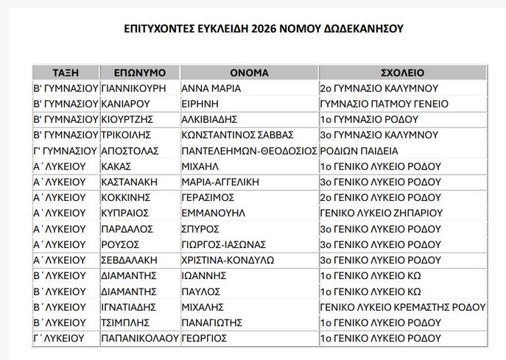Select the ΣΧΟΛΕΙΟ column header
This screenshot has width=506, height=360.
click(402, 72)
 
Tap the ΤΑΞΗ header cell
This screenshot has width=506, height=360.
click(66, 72)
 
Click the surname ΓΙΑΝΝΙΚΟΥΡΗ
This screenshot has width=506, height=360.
click(136, 88)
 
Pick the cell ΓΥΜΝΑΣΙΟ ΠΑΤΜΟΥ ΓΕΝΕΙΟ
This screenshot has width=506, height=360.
click(384, 104)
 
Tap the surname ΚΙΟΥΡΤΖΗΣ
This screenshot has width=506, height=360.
click(130, 119)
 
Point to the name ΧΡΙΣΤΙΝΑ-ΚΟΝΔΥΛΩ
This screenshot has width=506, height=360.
click(228, 259)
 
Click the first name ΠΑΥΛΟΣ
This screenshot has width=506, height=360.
click(200, 291)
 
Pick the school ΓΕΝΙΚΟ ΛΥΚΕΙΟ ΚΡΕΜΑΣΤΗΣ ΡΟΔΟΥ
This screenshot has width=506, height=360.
click(403, 306)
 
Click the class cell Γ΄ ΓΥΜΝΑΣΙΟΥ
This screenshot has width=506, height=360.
click(66, 150)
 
